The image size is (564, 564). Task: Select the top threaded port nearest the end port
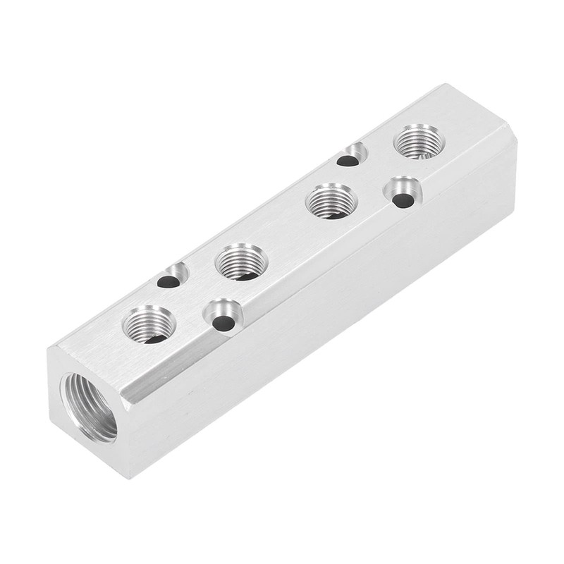(149, 325)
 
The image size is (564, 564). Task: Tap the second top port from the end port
(240, 262)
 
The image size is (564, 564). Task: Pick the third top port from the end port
(331, 201)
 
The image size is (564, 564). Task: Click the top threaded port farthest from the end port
(419, 141)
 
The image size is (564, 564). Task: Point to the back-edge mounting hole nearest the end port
(169, 281)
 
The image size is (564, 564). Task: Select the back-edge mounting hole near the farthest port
(348, 160)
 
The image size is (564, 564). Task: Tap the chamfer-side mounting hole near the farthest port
(403, 200)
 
